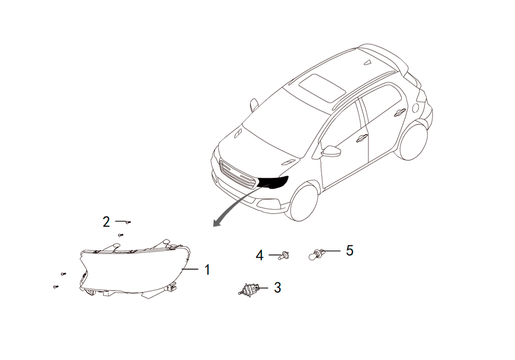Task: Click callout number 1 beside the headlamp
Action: coord(207,270)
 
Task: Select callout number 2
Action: coord(106,222)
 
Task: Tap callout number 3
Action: coord(278,287)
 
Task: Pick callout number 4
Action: coord(260,255)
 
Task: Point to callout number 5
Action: coord(350,250)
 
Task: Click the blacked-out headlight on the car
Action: coord(272,183)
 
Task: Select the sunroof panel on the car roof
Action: coord(322,87)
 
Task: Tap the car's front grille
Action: coord(237,174)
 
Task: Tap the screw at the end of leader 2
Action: coord(129,222)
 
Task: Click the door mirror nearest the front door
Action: coord(331,152)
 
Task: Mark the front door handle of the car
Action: coord(362,138)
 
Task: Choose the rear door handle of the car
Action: coord(400,112)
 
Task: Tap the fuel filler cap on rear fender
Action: coord(415,107)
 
